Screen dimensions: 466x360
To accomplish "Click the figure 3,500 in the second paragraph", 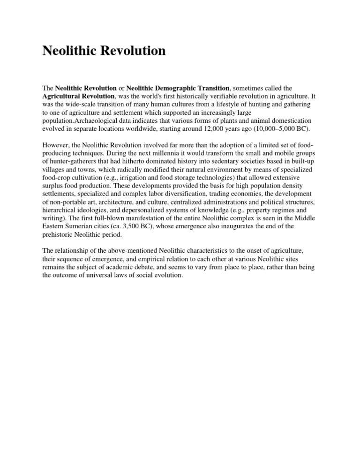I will point(137,226).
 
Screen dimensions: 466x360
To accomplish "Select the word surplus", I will point(53,186).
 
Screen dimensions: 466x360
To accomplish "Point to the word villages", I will point(55,169).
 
